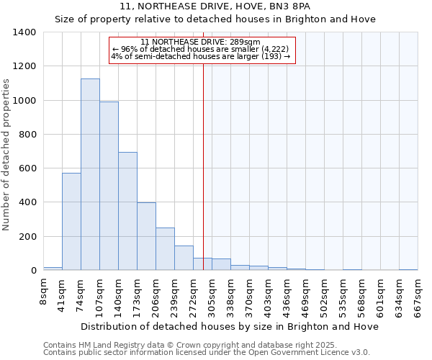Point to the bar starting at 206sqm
tap(165, 248)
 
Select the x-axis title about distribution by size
tap(229, 326)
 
